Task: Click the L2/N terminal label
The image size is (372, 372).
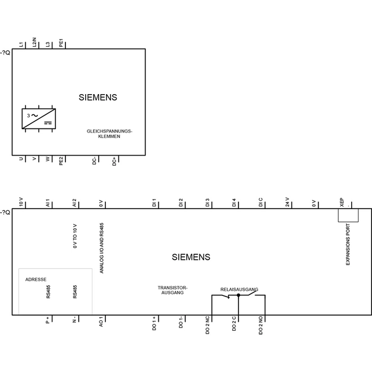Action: point(34,42)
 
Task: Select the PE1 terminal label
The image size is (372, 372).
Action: point(61,43)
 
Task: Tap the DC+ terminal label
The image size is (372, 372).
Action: point(114,161)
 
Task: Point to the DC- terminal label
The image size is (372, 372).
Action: point(95,161)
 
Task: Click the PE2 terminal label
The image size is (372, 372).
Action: point(61,161)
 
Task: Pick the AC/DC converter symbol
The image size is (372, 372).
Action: point(39,118)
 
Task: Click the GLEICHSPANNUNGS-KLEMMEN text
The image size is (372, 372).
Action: point(109,134)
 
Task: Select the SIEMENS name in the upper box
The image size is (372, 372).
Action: point(98,98)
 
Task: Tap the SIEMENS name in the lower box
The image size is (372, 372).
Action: point(191,257)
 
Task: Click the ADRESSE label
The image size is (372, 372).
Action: point(36,280)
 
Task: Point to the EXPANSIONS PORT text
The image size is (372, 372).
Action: point(348,245)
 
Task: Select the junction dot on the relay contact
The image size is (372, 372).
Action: point(238,295)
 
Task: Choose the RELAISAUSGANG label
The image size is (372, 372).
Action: point(239,290)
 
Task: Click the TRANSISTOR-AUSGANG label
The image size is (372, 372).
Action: point(172,290)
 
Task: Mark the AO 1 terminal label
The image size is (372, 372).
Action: point(101,321)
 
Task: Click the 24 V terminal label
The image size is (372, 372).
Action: point(287,202)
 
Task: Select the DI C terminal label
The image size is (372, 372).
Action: point(261,202)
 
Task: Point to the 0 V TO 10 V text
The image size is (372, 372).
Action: point(75,236)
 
